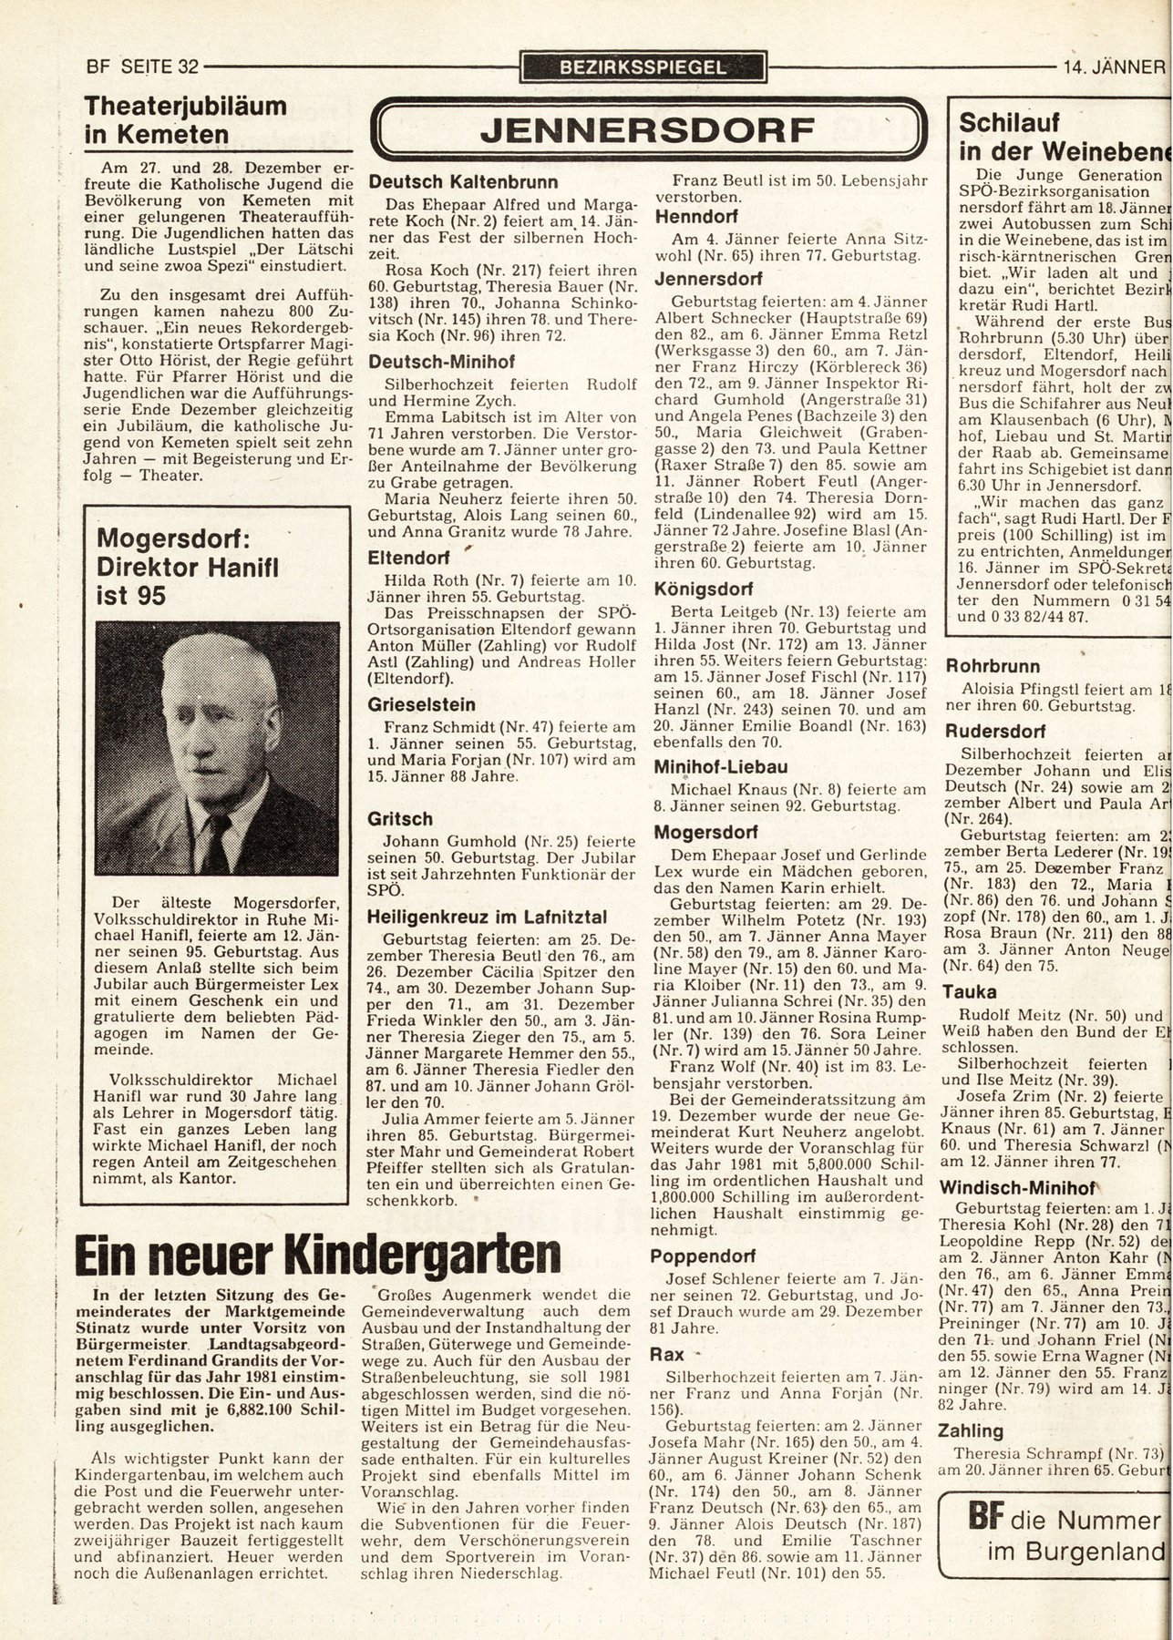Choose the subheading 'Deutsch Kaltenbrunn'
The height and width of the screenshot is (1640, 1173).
(463, 182)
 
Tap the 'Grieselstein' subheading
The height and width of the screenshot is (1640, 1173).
(422, 704)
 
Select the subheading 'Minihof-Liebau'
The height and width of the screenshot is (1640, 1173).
(721, 766)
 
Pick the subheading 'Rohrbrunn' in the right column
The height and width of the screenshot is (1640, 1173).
(993, 666)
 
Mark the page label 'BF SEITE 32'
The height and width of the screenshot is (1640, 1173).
(141, 67)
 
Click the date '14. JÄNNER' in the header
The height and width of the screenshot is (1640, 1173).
(1114, 67)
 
